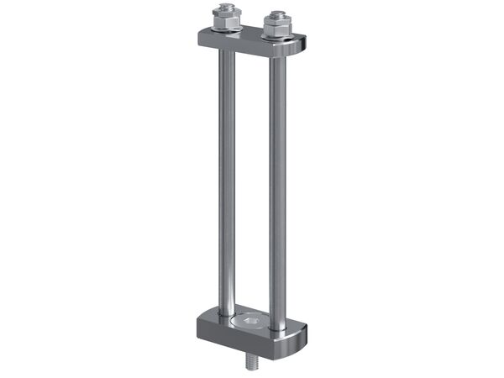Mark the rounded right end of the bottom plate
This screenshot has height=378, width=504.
[x=301, y=336]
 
